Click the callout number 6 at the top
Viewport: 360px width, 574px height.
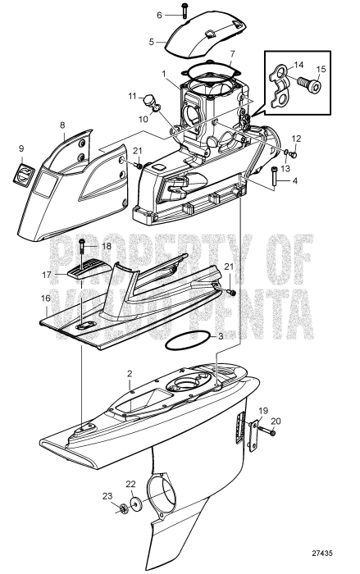(x=160, y=15)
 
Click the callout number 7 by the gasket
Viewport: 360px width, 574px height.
(x=233, y=55)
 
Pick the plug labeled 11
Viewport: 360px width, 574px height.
(x=150, y=102)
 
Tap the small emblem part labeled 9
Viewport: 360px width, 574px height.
(x=26, y=175)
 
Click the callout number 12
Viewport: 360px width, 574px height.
(x=297, y=139)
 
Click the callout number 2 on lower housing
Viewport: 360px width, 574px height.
(x=129, y=373)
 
